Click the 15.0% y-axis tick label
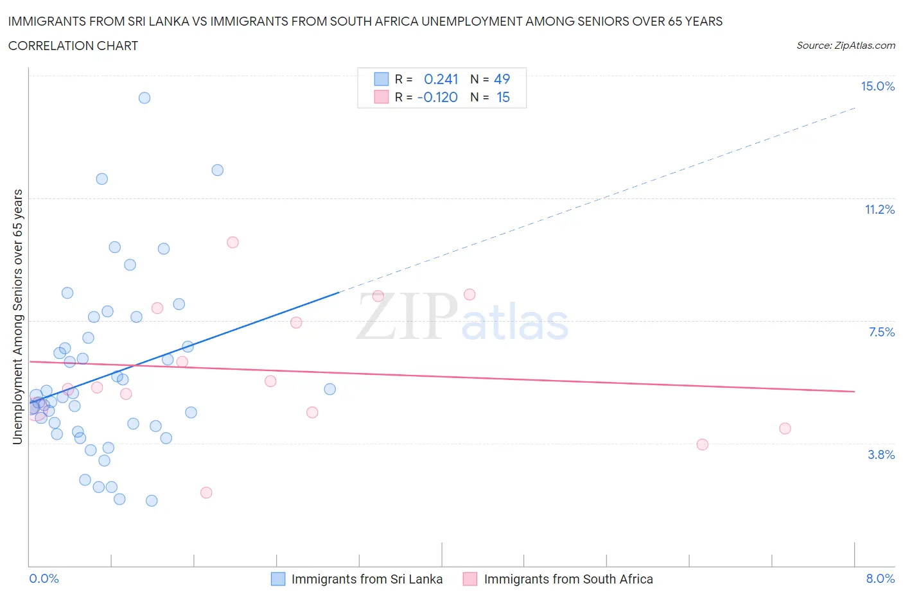click(x=877, y=86)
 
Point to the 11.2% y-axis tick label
click(x=879, y=209)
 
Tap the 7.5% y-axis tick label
click(x=881, y=332)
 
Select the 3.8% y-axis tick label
click(x=881, y=454)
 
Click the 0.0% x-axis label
click(x=44, y=578)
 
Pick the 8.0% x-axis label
click(x=880, y=578)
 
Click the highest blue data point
click(x=145, y=98)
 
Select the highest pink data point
click(x=232, y=242)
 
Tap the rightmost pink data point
click(x=785, y=428)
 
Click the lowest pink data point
click(x=206, y=492)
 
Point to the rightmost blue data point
click(x=330, y=389)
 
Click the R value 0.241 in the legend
click(x=441, y=79)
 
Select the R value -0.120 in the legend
click(x=437, y=97)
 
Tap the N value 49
click(x=502, y=79)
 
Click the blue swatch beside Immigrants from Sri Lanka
click(x=278, y=579)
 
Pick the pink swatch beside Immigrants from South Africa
click(x=470, y=579)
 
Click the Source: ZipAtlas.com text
click(x=845, y=46)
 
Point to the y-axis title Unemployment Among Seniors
click(x=18, y=316)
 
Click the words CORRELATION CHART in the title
click(x=73, y=46)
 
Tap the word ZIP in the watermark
click(x=406, y=316)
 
